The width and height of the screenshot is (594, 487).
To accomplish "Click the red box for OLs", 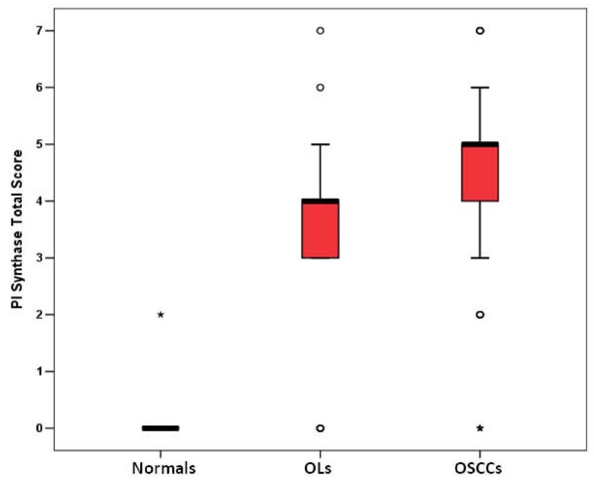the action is [x=320, y=228].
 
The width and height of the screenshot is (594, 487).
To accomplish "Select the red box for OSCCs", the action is [x=480, y=171].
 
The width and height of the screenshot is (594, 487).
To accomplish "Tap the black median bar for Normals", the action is [x=160, y=428].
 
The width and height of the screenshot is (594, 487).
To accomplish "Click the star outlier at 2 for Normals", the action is [x=160, y=315].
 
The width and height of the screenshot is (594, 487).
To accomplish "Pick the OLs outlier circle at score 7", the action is [x=320, y=30].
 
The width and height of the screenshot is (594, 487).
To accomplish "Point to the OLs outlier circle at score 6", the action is [x=320, y=87].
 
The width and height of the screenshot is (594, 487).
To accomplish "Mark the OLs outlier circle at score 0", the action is [x=320, y=428].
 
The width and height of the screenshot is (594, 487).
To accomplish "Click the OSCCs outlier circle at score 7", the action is [x=480, y=30].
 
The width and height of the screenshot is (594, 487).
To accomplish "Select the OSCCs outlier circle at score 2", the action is [x=480, y=315].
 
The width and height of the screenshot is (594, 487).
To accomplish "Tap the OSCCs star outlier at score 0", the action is [x=480, y=428].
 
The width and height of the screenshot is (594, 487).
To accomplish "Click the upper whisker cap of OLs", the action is [x=320, y=144].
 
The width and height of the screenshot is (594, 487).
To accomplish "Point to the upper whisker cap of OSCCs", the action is [x=480, y=87].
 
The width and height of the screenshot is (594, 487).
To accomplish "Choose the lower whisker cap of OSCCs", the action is [x=480, y=258].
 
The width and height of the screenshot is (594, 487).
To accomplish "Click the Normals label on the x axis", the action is [x=164, y=468].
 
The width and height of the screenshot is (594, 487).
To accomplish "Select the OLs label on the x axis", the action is [x=318, y=468].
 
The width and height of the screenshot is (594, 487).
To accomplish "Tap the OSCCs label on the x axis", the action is [x=478, y=468].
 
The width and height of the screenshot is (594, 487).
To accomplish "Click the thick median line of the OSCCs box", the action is [x=480, y=144].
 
